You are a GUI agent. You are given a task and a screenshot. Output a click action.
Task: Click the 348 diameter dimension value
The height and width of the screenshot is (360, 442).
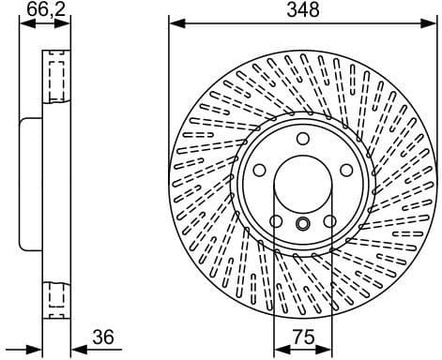coord(303,10)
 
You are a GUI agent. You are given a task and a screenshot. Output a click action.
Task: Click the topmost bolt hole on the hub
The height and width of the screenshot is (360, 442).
coord(302,139)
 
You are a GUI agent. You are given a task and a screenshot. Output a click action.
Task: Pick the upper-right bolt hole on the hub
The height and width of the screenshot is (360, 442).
coord(345,170)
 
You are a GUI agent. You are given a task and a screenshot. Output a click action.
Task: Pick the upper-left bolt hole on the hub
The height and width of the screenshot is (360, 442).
coord(259,170)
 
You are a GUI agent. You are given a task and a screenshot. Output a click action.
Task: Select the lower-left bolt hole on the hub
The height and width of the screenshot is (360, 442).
coord(276,221)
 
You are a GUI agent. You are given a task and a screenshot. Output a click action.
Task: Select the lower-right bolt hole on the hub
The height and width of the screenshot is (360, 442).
coord(329,221)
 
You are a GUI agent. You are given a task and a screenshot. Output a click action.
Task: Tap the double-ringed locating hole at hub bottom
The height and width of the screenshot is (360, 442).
coord(302,224)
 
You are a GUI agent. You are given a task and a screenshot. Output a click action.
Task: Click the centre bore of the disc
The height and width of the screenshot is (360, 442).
coord(302,184)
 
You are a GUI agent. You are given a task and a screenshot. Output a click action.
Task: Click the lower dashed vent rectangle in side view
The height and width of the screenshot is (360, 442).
coord(55,297)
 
